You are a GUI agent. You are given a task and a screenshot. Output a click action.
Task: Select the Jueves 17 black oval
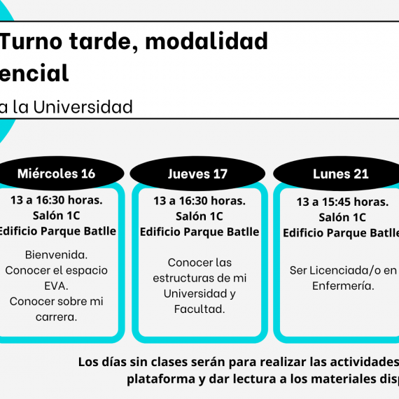[x=197, y=174]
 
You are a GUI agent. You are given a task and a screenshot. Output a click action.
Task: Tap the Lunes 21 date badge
[x=337, y=174]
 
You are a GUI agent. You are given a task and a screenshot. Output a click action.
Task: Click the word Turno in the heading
[x=31, y=41]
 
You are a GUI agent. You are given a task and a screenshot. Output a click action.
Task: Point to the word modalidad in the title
[x=206, y=41]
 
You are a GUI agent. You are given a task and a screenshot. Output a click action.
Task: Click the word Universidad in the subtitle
[x=83, y=106]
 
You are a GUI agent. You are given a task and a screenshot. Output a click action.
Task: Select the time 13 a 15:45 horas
[x=342, y=202]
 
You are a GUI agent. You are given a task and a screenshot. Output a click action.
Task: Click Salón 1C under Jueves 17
[x=199, y=216]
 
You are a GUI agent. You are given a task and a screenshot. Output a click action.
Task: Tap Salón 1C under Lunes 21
[x=342, y=217]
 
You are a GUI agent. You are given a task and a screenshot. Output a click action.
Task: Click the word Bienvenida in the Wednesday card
[x=56, y=255]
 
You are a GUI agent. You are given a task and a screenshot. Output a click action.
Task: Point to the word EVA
[x=56, y=286]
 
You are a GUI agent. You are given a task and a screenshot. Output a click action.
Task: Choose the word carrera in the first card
[x=56, y=317]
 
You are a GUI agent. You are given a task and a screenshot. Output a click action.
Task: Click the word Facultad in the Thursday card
[x=199, y=309]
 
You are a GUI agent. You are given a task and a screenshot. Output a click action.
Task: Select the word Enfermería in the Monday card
[x=343, y=286]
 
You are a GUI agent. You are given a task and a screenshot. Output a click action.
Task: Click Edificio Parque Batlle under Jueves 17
[x=199, y=232]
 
